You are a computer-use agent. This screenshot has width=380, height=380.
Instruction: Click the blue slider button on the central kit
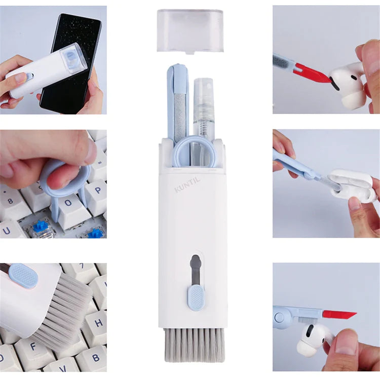click(x=195, y=297)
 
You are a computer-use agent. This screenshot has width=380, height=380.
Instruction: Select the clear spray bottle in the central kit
click(x=203, y=106)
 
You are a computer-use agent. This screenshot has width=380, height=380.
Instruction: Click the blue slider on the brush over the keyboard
click(x=23, y=276)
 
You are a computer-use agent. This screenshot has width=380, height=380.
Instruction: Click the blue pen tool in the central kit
click(x=178, y=101)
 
